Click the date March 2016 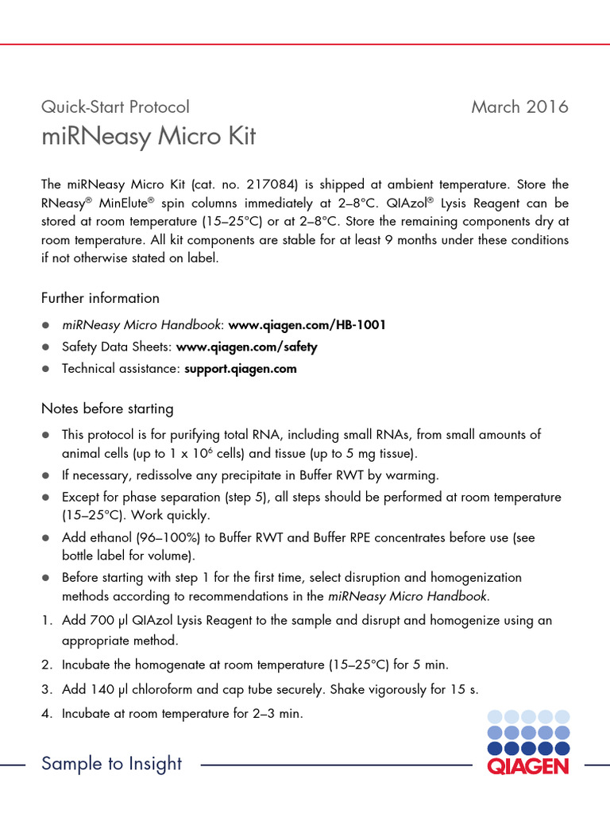tap(519, 107)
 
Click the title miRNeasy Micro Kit tap(149, 137)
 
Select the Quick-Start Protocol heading tap(115, 107)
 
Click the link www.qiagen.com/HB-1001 tap(308, 324)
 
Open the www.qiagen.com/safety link tap(246, 347)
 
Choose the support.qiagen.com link tap(241, 369)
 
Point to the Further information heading tap(100, 298)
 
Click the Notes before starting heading tap(107, 409)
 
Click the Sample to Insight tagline tap(111, 764)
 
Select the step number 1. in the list tap(47, 620)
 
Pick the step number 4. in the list tap(47, 714)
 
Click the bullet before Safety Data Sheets tap(46, 347)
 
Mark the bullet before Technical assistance tap(46, 370)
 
